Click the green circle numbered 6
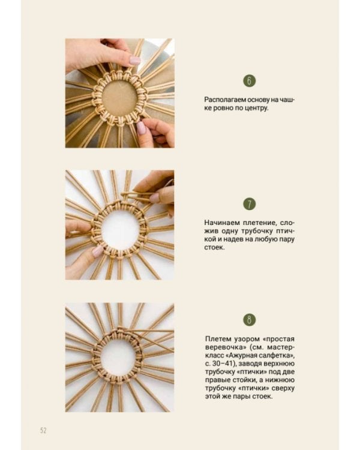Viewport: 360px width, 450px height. pyautogui.click(x=249, y=80)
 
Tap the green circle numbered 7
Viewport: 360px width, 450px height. pyautogui.click(x=249, y=204)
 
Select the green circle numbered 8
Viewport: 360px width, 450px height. pyautogui.click(x=249, y=320)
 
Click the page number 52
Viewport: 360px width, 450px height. pyautogui.click(x=43, y=430)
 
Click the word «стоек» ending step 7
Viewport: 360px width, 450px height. pyautogui.click(x=214, y=247)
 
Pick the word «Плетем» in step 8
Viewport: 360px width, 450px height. pyautogui.click(x=217, y=338)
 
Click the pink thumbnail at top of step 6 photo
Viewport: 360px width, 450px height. pyautogui.click(x=134, y=61)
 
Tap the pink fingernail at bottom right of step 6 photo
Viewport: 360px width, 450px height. pyautogui.click(x=141, y=128)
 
